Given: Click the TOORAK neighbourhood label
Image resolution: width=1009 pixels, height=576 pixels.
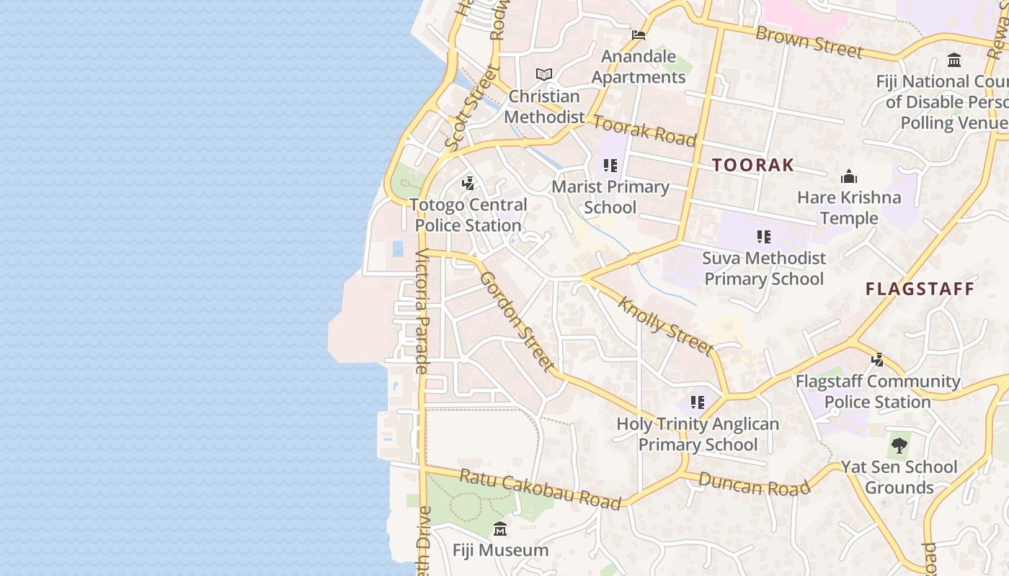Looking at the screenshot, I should tap(752, 165).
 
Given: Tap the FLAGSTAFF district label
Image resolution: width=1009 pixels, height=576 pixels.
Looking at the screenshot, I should tap(920, 289).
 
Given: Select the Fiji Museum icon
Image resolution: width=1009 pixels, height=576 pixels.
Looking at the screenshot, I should tap(500, 531).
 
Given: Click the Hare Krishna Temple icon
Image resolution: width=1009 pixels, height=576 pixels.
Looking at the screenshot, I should tap(849, 176).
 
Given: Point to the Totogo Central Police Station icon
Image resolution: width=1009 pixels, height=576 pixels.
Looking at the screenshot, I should tap(468, 183).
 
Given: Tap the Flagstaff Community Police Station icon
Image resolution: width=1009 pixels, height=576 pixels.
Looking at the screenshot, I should tap(877, 359).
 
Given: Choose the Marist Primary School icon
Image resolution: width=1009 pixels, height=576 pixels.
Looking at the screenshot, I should tap(610, 166).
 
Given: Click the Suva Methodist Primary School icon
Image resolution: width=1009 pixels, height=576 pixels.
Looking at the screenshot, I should tap(764, 236).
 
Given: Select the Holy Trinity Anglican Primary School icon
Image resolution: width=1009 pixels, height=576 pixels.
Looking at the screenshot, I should tap(697, 402).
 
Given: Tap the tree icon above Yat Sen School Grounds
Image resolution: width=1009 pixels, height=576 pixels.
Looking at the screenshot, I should tap(899, 446).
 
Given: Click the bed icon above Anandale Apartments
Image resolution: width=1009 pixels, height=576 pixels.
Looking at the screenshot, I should tap(638, 35).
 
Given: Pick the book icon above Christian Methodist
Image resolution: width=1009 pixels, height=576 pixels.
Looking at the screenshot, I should tap(543, 74).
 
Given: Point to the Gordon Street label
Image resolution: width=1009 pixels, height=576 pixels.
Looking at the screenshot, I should tap(517, 322).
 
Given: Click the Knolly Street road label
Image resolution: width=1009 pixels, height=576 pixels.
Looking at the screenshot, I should tap(665, 326).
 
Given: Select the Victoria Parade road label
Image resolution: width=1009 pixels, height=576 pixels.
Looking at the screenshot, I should tap(422, 311).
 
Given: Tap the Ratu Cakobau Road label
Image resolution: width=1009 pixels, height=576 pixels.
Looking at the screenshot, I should tap(540, 489).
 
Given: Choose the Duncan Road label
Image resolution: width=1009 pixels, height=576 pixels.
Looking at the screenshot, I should tap(754, 485).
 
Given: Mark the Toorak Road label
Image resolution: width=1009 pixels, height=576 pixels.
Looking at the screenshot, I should tap(644, 130).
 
